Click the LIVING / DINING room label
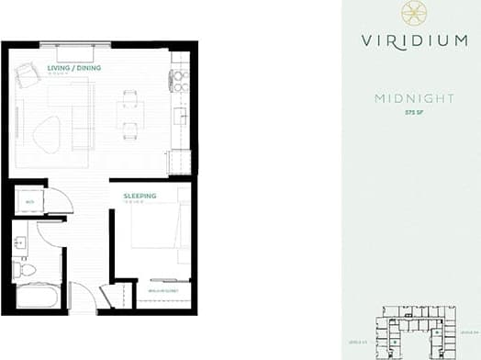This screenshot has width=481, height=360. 74,68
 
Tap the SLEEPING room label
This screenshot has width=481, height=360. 140,196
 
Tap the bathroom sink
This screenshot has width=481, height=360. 21,243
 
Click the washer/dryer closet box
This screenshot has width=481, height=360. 31,200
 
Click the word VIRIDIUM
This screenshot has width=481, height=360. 408,39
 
